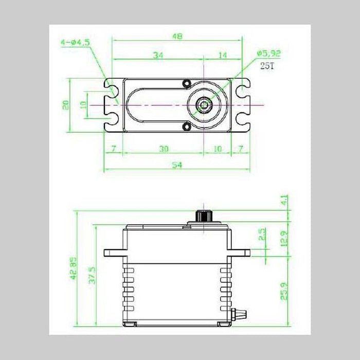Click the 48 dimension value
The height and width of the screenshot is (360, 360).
click(177, 37)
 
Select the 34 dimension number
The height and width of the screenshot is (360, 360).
click(158, 55)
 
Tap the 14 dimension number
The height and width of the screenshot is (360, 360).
click(223, 55)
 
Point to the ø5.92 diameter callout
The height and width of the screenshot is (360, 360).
click(268, 52)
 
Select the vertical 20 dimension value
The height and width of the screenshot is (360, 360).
click(65, 105)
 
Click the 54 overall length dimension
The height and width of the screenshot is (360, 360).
click(177, 165)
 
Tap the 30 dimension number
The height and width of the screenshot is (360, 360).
click(164, 149)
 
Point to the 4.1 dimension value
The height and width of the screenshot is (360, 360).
click(284, 200)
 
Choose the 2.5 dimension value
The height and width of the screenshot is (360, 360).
click(262, 235)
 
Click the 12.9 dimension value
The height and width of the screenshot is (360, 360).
click(284, 239)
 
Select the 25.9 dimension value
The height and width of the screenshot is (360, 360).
click(284, 292)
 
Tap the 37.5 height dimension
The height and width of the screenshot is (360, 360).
click(92, 276)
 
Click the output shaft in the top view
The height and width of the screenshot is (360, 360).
click(205, 105)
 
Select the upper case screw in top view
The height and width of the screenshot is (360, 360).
click(187, 83)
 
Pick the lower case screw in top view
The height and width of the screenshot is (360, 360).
click(187, 127)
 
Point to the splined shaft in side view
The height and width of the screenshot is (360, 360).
click(205, 216)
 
